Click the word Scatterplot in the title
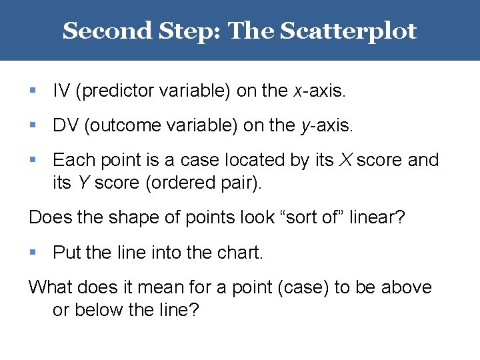click(x=348, y=31)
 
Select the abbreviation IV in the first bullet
click(x=61, y=91)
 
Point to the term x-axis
click(x=319, y=91)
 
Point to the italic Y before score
click(x=83, y=183)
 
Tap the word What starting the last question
click(x=49, y=287)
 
